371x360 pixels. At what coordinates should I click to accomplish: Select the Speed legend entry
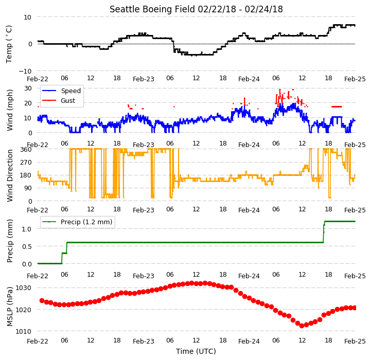pos(61,91)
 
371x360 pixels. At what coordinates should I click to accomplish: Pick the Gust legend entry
pos(59,101)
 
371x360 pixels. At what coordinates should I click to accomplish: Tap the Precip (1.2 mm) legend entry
pos(77,222)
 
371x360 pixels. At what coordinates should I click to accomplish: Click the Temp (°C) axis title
pos(9,44)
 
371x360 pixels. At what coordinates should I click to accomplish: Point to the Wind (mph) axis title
pos(9,110)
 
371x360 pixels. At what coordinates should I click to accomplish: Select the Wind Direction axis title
pos(10,175)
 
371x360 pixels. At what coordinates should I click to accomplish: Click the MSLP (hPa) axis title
pos(9,307)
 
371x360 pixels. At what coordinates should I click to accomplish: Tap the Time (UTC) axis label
pos(196,351)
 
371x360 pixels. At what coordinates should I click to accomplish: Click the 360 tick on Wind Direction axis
pos(26,150)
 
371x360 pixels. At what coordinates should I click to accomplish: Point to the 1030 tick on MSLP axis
pos(24,288)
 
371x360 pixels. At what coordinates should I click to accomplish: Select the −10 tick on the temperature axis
pos(25,71)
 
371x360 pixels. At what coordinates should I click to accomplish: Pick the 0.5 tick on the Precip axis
pos(27,246)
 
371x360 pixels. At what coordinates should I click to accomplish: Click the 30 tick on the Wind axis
pos(28,88)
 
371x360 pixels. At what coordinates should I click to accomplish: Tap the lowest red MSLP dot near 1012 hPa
pos(302,326)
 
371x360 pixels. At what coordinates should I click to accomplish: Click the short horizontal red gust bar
pos(337,106)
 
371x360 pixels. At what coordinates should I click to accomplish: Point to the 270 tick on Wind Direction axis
pos(26,163)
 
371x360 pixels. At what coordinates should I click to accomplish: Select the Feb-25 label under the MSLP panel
pos(355,341)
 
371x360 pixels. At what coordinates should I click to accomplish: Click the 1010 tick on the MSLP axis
pos(24,331)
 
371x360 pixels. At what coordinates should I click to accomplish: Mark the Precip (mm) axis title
pos(9,241)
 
